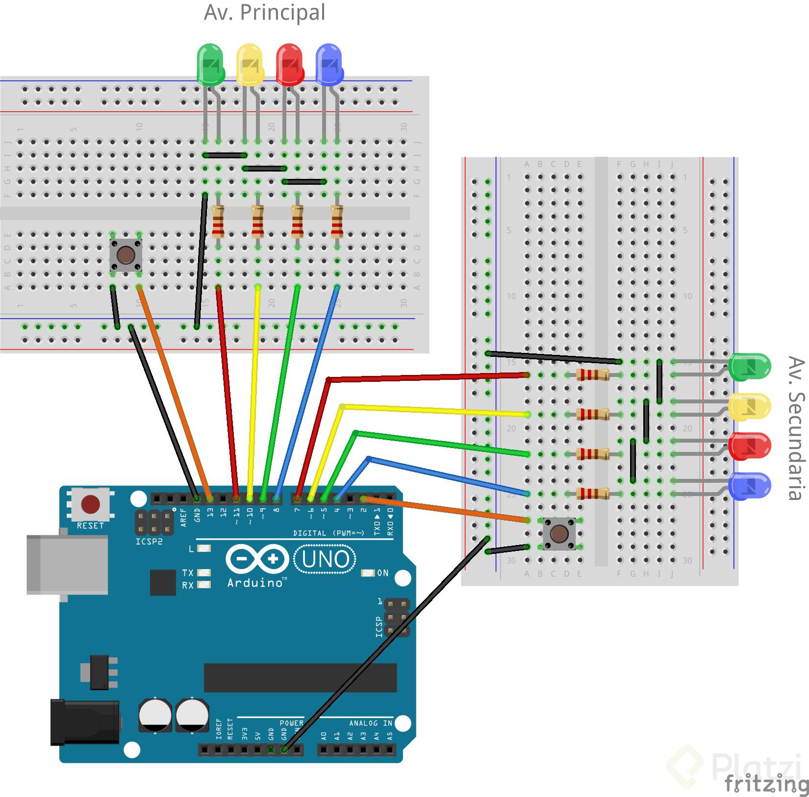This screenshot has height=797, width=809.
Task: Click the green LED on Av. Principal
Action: (x=210, y=64)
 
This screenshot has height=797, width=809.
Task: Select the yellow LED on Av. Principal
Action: (x=250, y=64)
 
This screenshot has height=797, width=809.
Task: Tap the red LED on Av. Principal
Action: (x=290, y=64)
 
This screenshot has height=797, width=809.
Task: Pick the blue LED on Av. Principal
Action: (x=329, y=64)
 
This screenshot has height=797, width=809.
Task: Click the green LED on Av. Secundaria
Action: (x=749, y=367)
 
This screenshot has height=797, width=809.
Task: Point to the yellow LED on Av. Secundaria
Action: (x=749, y=407)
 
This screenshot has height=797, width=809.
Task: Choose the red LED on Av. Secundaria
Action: (x=749, y=446)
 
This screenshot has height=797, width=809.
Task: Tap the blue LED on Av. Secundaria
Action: (x=749, y=486)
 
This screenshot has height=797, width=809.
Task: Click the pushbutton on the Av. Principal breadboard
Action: (x=126, y=255)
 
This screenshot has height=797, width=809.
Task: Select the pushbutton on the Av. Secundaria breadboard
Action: (x=559, y=533)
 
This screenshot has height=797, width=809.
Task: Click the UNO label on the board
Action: (x=325, y=559)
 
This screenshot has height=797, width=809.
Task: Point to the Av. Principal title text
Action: (x=264, y=12)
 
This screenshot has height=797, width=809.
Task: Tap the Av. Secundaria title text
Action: (x=796, y=428)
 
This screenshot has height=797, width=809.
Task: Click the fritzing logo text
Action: (x=766, y=784)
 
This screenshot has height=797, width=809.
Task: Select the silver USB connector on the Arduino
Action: (x=67, y=565)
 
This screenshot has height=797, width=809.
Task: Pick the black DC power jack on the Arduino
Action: (x=85, y=722)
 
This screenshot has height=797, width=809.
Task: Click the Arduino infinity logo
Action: (x=257, y=559)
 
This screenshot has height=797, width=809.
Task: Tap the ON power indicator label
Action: (x=382, y=573)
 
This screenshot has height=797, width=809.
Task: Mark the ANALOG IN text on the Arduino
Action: (x=370, y=723)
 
